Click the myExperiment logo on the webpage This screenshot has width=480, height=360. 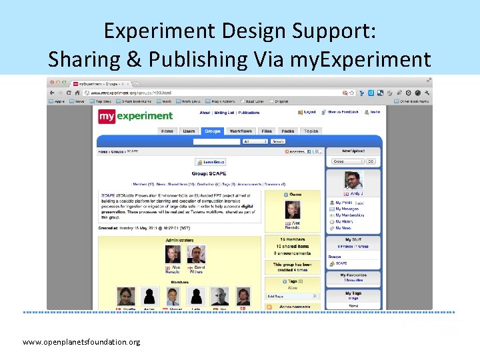point(135,116)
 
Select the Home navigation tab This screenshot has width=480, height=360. point(167,131)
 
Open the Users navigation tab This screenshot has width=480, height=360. point(189,131)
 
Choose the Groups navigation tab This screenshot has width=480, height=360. point(213,131)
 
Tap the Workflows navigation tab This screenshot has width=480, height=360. point(241,131)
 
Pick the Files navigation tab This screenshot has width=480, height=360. point(267,131)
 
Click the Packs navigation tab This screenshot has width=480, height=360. point(287,131)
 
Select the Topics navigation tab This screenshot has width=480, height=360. point(311,131)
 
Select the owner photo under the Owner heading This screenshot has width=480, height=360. point(293,210)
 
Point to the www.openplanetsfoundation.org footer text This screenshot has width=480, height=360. point(81,342)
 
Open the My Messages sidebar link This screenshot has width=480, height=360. point(349,209)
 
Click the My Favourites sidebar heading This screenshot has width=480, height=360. point(353,275)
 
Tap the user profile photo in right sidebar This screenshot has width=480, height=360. point(353,180)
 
